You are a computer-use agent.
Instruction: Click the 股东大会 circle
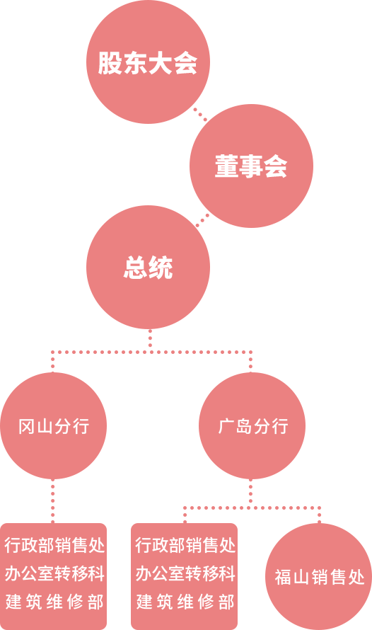pos(148,62)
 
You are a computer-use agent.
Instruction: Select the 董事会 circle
pos(251,166)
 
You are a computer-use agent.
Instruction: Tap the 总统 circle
pos(148,267)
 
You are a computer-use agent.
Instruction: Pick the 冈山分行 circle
pos(53,426)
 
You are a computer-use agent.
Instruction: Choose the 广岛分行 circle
pos(252,426)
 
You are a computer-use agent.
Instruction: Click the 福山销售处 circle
pos(319,577)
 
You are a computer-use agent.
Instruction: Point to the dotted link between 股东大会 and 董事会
pos(200,114)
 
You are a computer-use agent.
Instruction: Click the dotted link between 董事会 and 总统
pos(202,220)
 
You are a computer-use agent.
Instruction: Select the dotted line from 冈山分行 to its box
pos(53,501)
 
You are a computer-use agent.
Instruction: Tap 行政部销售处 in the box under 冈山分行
pos(54,546)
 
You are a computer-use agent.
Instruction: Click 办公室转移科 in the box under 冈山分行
pos(54,574)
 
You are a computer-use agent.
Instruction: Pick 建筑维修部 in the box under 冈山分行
pos(54,602)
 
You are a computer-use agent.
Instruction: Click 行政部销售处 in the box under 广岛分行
pos(185,546)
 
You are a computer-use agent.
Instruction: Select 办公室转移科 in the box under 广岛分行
pos(185,574)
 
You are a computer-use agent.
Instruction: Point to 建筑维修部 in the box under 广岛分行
pos(185,602)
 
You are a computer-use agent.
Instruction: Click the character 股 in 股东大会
pos(110,63)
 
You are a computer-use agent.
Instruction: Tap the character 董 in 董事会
pos(227,166)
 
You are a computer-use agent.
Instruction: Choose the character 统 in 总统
pos(161,268)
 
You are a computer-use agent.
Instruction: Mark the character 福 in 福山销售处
pos(282,578)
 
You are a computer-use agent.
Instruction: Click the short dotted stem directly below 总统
pos(150,340)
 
